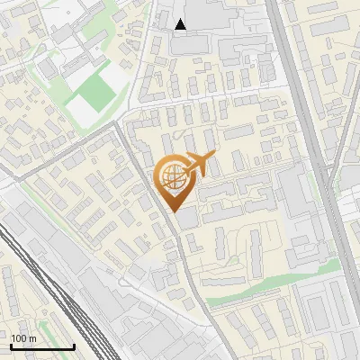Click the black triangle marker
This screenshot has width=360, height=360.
tap(181, 24)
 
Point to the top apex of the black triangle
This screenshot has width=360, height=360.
tap(181, 19)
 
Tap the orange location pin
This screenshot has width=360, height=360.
tap(173, 180)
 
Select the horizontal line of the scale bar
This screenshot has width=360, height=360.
tap(41, 346)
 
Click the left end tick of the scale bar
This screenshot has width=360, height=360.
tap(10, 345)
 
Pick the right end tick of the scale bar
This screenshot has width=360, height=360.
tap(74, 345)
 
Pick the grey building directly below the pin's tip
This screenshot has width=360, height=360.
tap(187, 219)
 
